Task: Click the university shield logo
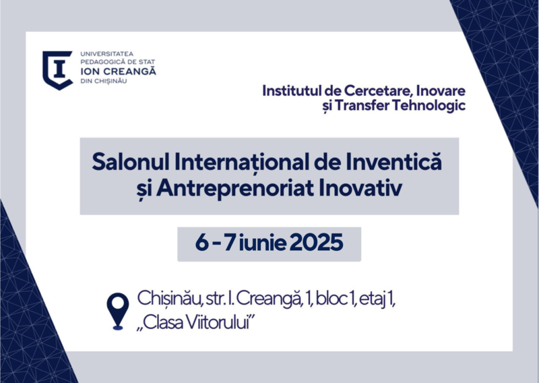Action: point(57,70)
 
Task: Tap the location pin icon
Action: point(118,312)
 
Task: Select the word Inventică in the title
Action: point(391,161)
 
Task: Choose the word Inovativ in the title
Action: point(360,188)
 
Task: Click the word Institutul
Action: point(292,91)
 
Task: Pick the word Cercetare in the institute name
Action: point(377,91)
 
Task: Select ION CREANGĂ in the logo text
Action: point(119,71)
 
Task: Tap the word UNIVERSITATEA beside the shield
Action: point(107,54)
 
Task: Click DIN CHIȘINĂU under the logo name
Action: point(104,82)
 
